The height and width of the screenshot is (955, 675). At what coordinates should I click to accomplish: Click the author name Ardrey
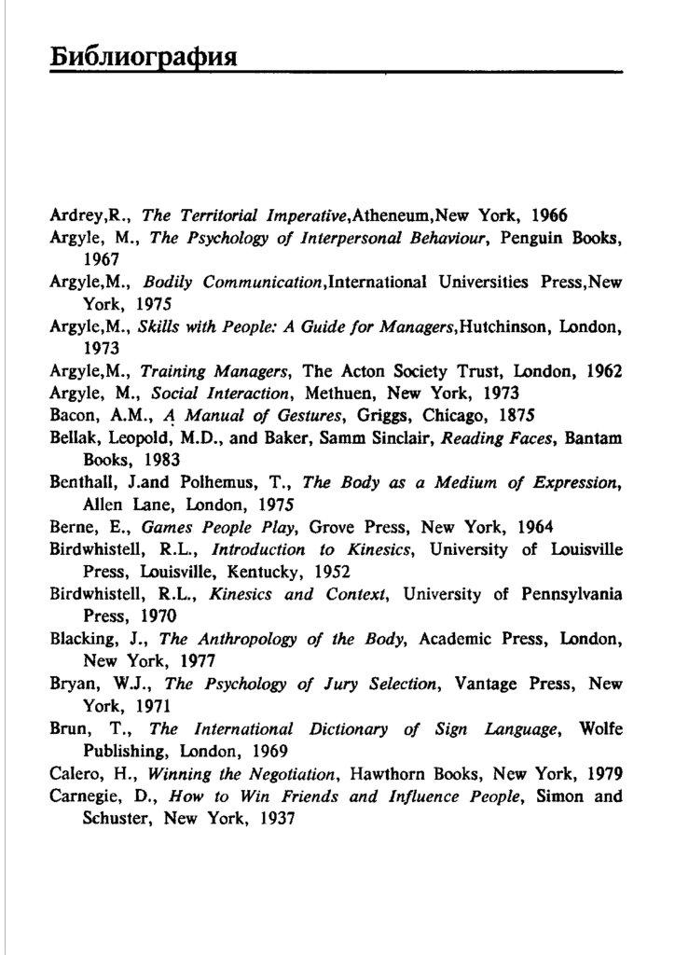(74, 215)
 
